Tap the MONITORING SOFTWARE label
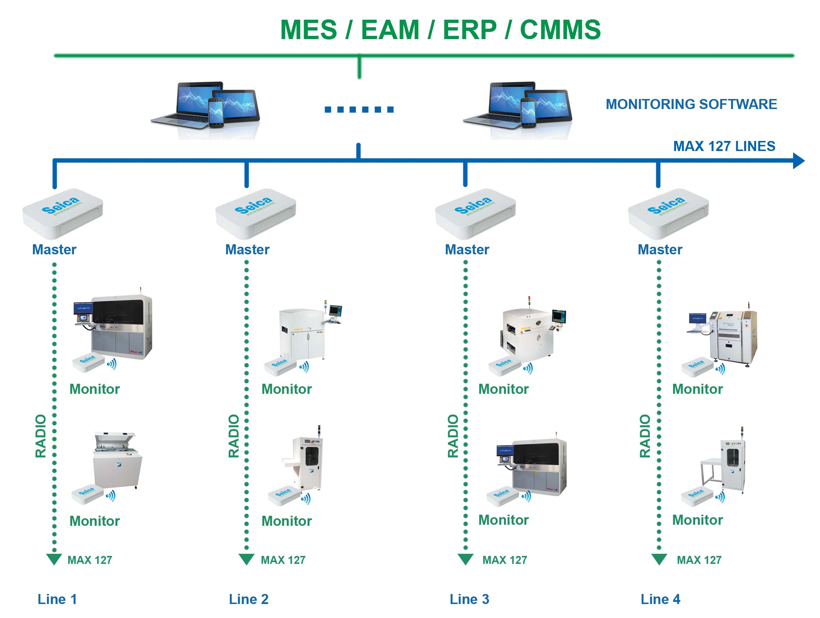pos(691,104)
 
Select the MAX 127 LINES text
pos(724,146)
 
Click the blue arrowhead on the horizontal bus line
pos(798,161)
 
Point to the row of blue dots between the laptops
pos(359,110)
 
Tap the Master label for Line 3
pos(467,250)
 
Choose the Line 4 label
pos(660,599)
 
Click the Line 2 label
pos(248,599)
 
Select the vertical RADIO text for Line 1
pos(41,436)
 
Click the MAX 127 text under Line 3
pos(504,560)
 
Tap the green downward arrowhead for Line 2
pos(247,559)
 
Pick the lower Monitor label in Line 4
pos(697,520)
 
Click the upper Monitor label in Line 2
pos(286,389)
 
